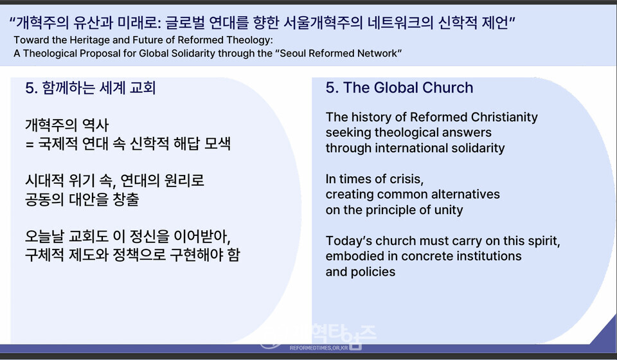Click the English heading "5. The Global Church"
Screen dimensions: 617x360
click(399, 87)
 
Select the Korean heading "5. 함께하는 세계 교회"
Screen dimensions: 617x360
click(91, 87)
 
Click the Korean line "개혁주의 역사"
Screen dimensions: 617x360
click(66, 125)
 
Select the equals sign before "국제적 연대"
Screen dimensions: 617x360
click(30, 144)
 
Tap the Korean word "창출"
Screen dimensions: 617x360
click(126, 199)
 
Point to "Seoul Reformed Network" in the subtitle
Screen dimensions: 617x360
click(340, 53)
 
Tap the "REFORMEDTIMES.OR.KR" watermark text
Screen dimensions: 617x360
click(319, 348)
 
